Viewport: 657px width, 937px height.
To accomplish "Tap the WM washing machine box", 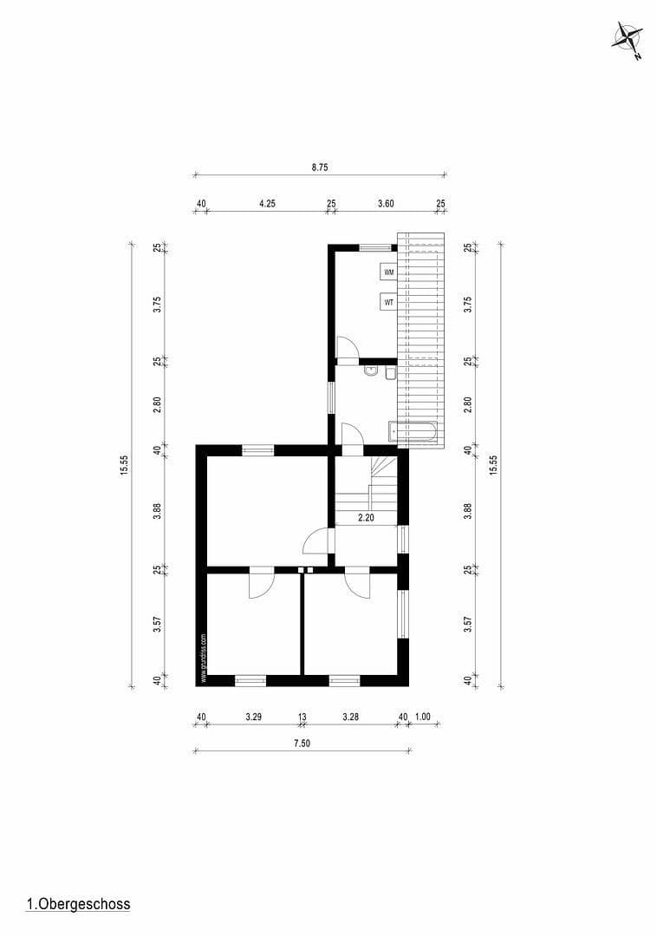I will coord(389,272).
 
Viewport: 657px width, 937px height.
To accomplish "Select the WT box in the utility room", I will coord(389,303).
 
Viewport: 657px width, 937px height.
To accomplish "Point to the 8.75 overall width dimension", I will coord(320,167).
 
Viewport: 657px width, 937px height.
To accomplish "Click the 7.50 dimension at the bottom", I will coord(301,743).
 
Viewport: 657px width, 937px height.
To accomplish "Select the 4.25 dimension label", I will coord(267,204).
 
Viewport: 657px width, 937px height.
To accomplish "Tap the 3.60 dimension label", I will coord(386,204).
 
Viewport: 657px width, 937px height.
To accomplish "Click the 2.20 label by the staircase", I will coord(366,518).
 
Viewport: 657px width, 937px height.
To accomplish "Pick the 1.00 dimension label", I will coord(422,717).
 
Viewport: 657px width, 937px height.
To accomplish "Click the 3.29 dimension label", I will coord(254,717).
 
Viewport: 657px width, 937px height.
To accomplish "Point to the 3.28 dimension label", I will coord(350,717).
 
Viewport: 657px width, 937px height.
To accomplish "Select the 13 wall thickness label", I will coord(302,717).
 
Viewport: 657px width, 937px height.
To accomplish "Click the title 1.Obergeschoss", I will coord(78,904).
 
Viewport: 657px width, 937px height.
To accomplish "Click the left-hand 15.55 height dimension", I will coord(125,465).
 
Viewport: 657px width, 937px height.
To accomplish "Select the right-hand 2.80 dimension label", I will coord(468,404).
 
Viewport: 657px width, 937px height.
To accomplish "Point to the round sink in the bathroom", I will coord(371,371).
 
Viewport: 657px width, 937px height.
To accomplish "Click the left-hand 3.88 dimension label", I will coord(158,510).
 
